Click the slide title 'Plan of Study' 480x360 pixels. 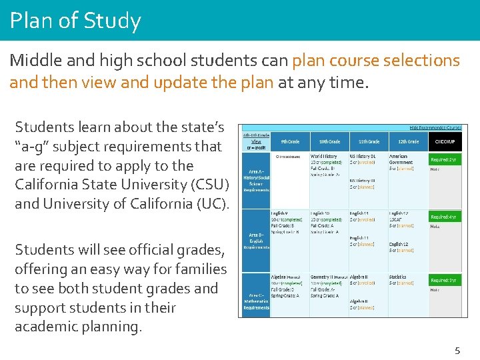pos(75,21)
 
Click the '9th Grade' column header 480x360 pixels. pos(289,141)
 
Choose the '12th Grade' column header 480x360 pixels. pos(408,141)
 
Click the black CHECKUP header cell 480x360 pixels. pos(445,141)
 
